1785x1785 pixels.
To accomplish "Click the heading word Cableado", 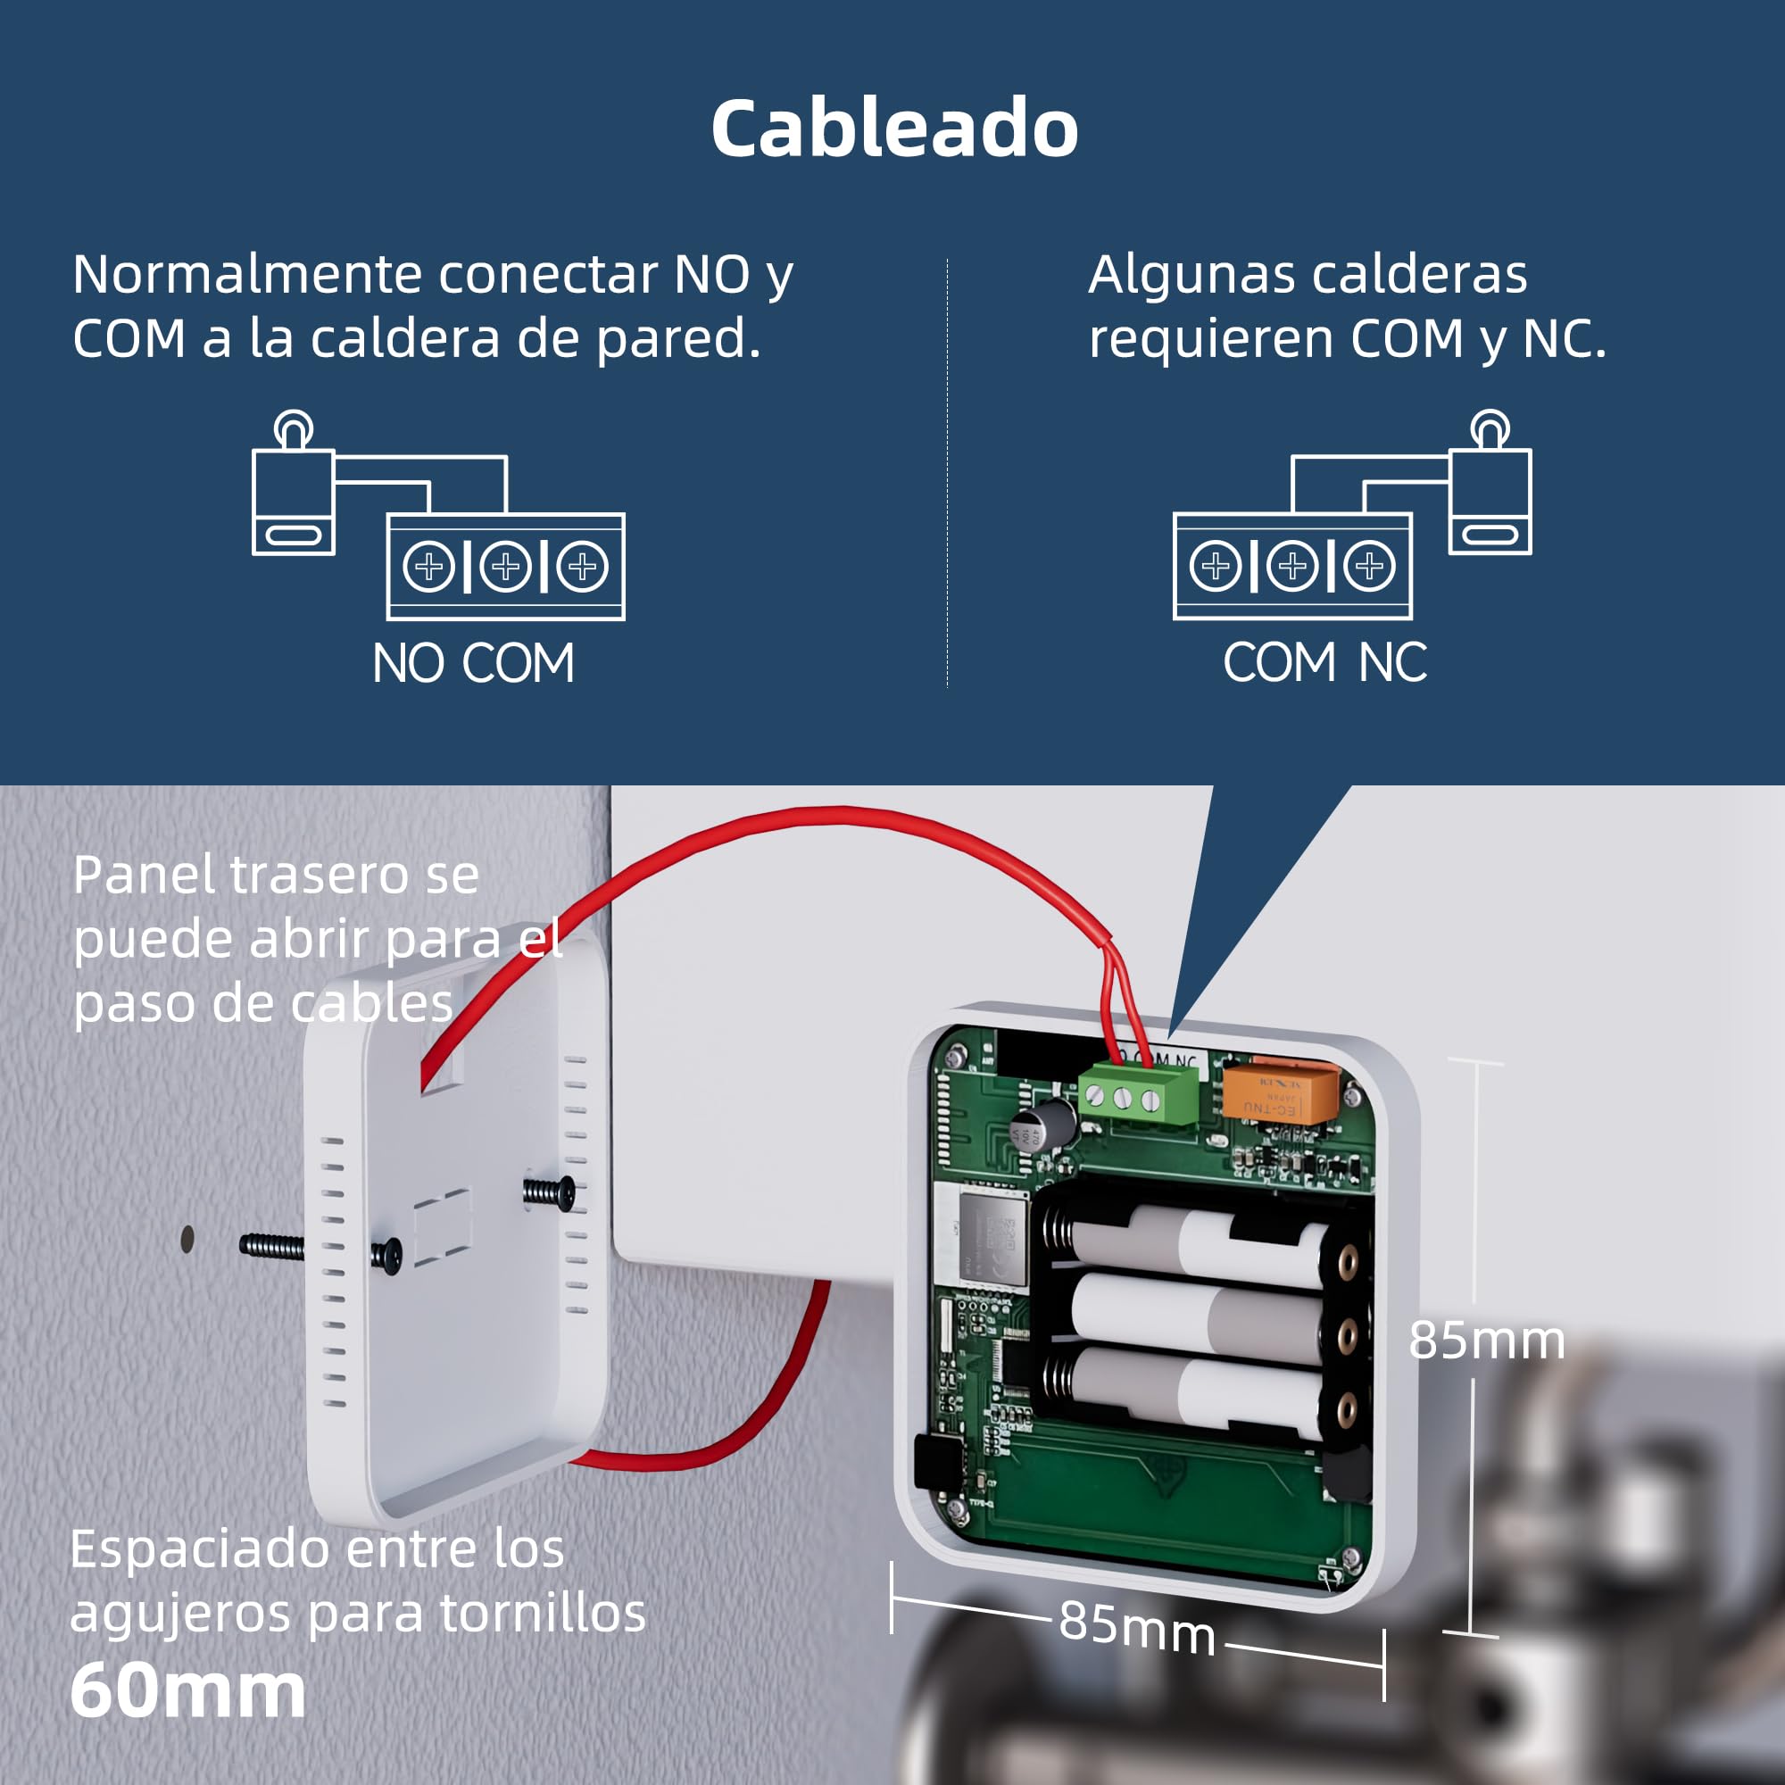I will (893, 129).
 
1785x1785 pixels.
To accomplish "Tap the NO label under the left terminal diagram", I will (408, 663).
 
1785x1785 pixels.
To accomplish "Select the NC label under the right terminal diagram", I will (1392, 662).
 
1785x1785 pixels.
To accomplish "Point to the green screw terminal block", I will (1137, 1098).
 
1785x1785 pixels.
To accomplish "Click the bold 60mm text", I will (187, 1690).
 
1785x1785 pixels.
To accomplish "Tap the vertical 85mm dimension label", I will (1486, 1340).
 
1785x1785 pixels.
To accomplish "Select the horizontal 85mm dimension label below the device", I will (1136, 1626).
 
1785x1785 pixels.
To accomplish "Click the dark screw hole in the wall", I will (187, 1239).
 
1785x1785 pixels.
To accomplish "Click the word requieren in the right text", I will (1211, 338).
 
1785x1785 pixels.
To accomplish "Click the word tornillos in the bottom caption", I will (543, 1613).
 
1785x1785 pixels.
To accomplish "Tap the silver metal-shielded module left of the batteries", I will (992, 1236).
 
